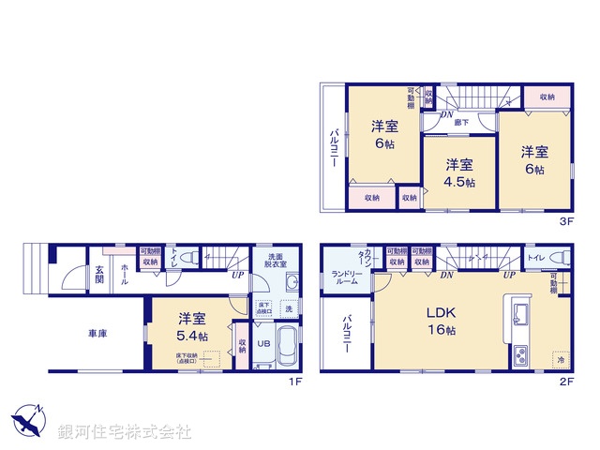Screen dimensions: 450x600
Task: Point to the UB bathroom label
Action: point(264,343)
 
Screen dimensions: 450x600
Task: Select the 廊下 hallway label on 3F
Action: point(461,122)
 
